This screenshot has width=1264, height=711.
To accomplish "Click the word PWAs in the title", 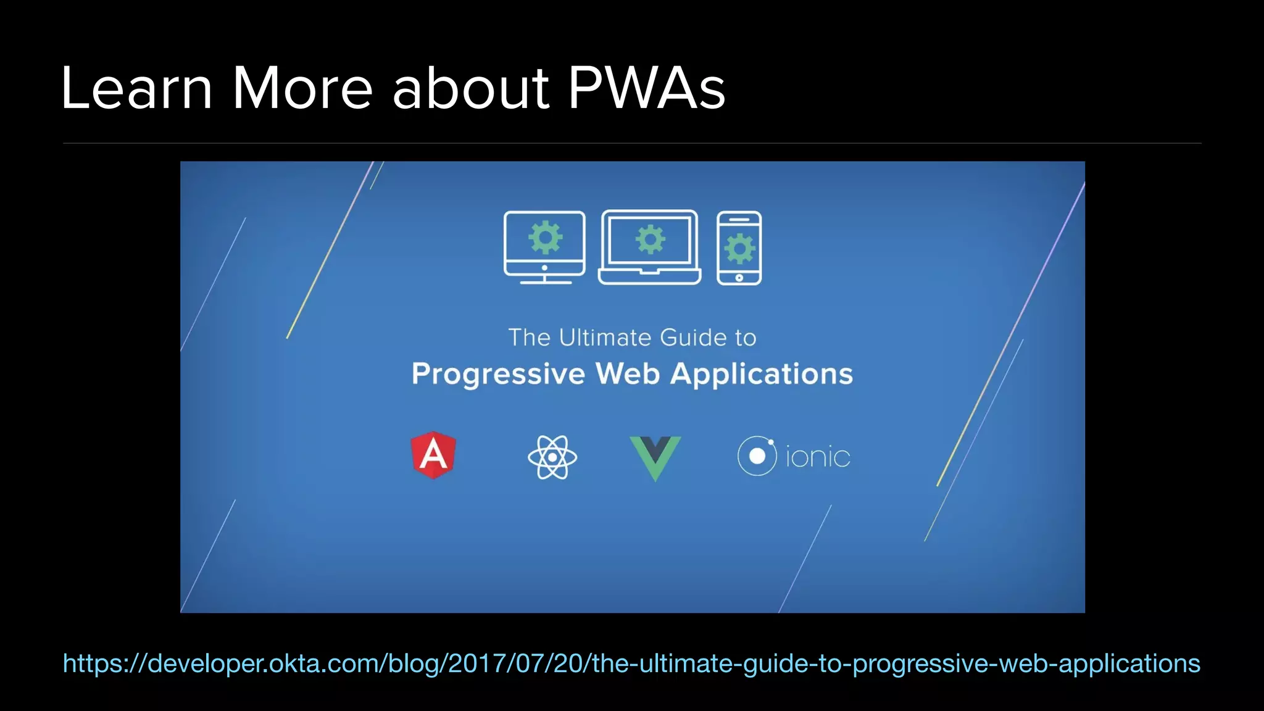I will click(646, 88).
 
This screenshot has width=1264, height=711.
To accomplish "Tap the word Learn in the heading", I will click(136, 88).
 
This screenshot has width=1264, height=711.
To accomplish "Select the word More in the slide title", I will click(302, 88).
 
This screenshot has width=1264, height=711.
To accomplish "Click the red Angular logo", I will click(433, 455).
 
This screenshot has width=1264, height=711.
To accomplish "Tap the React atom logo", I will click(552, 457).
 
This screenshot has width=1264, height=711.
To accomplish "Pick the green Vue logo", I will click(655, 457).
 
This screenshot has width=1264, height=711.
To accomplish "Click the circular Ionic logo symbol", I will click(757, 456).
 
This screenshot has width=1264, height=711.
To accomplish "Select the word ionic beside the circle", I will click(818, 457).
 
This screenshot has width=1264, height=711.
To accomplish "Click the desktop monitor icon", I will click(544, 247).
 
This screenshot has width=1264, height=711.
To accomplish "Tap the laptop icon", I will click(650, 247).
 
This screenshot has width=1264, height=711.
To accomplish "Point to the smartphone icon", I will click(739, 247).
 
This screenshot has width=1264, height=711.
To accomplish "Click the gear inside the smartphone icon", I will click(739, 249).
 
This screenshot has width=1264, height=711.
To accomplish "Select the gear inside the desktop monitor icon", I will click(546, 237).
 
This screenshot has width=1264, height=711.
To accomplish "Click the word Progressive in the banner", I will click(498, 374).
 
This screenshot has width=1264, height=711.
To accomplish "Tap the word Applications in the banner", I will click(762, 374).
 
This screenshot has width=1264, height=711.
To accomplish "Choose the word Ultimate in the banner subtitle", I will click(605, 338).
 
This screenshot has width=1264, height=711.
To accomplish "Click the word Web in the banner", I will click(628, 374).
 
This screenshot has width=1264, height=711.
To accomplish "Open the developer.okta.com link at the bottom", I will click(631, 663).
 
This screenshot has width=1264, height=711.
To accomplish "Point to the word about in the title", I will click(470, 88).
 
